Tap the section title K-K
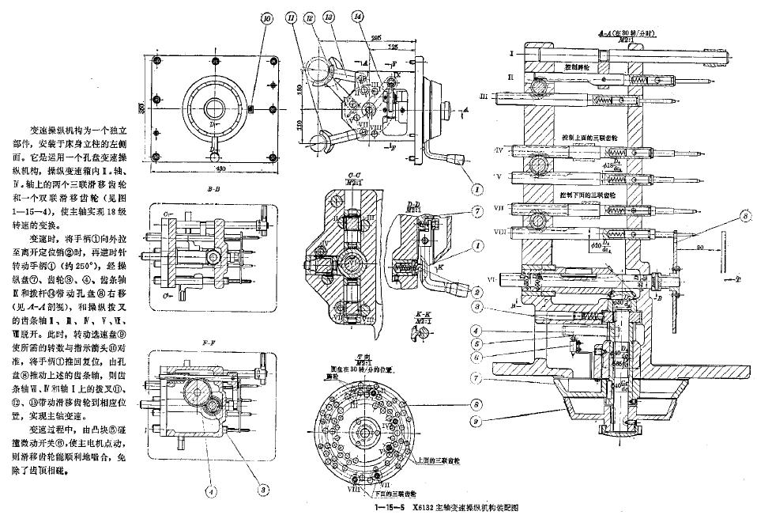click(x=422, y=315)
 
